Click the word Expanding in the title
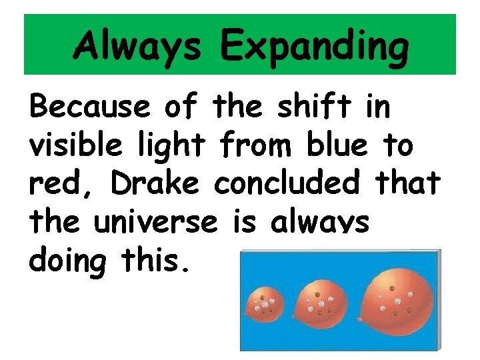click(x=313, y=46)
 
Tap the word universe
click(x=154, y=221)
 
